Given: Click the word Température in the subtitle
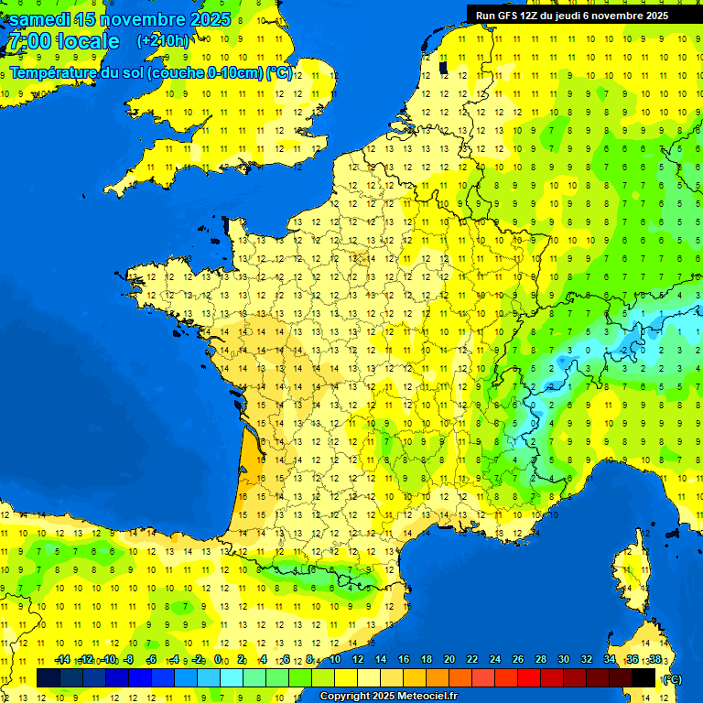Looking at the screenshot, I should (x=53, y=73).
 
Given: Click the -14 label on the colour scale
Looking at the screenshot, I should (x=62, y=660).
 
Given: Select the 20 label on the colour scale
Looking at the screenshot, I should (x=449, y=660).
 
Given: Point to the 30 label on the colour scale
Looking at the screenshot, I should (x=564, y=660).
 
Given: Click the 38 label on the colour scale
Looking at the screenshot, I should (x=655, y=660).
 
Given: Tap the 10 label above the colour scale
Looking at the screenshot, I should (x=335, y=660).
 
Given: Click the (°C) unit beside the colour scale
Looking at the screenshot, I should (x=672, y=679).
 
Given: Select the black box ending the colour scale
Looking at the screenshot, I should (x=644, y=677).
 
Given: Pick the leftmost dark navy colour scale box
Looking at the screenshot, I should (x=49, y=677).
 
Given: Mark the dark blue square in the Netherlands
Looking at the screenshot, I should (x=444, y=67).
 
